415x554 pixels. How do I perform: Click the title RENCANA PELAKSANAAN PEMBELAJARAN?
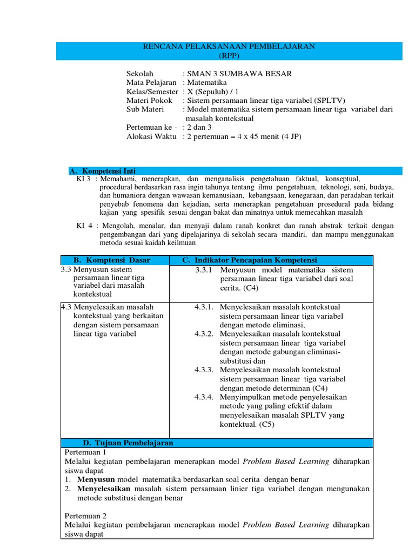(228, 47)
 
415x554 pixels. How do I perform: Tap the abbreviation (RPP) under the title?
(229, 56)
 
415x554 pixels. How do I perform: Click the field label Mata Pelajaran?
(151, 83)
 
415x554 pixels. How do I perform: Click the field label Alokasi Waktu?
(151, 136)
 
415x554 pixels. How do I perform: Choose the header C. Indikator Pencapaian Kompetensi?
(250, 260)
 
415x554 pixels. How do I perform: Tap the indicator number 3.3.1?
(205, 270)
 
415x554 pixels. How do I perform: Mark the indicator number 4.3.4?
(205, 397)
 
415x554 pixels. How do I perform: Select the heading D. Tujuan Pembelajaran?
(128, 443)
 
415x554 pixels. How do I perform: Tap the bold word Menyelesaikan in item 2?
(104, 489)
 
